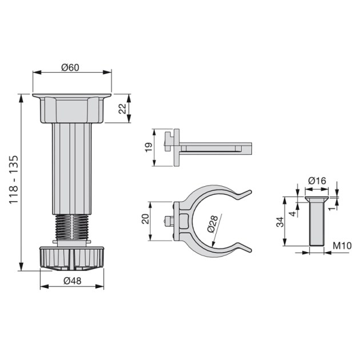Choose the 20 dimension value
(145, 220)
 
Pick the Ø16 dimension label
(317, 181)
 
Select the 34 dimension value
(280, 222)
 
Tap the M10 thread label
(341, 246)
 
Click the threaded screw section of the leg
(71, 228)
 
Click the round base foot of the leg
(71, 258)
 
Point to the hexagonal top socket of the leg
(71, 110)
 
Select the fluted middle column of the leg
(71, 169)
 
